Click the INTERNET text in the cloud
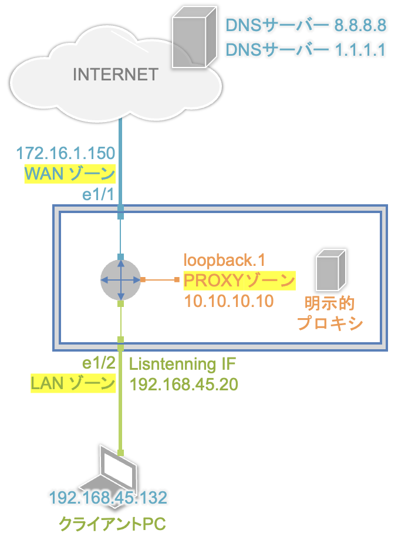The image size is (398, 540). [115, 75]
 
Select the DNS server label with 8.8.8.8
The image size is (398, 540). [306, 25]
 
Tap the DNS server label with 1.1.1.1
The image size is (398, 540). [306, 50]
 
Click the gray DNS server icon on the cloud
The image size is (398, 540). [194, 37]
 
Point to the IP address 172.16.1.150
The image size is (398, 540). [66, 153]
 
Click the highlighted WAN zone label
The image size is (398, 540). [70, 174]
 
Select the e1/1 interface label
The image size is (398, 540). [98, 195]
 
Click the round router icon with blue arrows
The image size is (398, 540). [120, 279]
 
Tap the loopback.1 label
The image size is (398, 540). [224, 260]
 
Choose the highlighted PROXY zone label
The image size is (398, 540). [240, 281]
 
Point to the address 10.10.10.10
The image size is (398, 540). [229, 301]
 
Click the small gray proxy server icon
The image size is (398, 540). [330, 270]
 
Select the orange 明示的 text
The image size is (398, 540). [329, 303]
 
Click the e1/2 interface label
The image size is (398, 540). [99, 363]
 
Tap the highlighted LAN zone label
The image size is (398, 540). [73, 383]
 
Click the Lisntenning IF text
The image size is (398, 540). [183, 365]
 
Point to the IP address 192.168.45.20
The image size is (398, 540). [184, 384]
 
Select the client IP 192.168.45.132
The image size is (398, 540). [108, 498]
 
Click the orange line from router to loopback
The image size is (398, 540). [160, 279]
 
